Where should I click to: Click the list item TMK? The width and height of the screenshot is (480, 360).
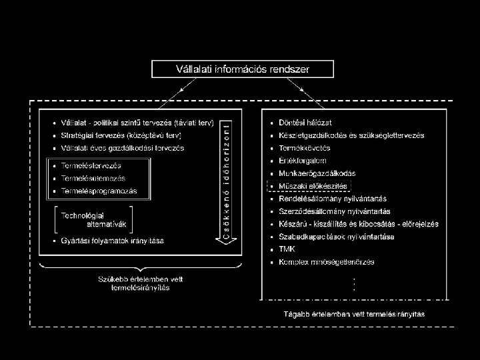[x=288, y=249]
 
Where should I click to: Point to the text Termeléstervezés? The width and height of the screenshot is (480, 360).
[x=91, y=165]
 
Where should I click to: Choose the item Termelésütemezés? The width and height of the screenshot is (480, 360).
[x=93, y=178]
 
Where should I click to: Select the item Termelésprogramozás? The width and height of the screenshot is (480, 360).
[x=99, y=191]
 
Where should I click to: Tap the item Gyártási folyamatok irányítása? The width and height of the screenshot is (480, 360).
[x=112, y=240]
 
